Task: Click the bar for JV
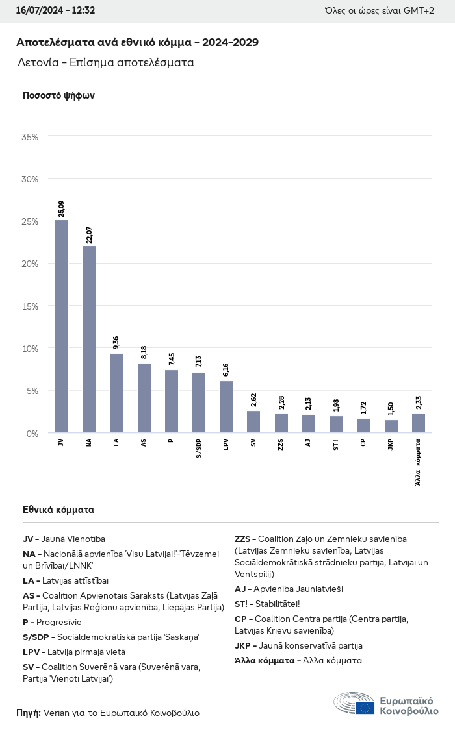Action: pyautogui.click(x=62, y=326)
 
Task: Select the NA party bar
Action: pyautogui.click(x=89, y=339)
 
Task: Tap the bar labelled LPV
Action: pyautogui.click(x=226, y=406)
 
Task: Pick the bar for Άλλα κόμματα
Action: pyautogui.click(x=419, y=423)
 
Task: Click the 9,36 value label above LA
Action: pyautogui.click(x=116, y=342)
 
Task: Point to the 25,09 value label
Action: pyautogui.click(x=62, y=208)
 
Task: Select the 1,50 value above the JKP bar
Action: pyautogui.click(x=391, y=409)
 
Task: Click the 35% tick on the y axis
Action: pyautogui.click(x=30, y=137)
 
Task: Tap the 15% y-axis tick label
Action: pyautogui.click(x=30, y=306)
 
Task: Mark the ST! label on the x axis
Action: pyautogui.click(x=336, y=444)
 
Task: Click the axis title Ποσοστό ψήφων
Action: pyautogui.click(x=59, y=95)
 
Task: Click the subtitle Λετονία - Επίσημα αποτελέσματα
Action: pyautogui.click(x=106, y=63)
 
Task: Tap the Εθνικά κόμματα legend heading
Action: pyautogui.click(x=58, y=510)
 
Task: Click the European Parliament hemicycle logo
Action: pyautogui.click(x=354, y=704)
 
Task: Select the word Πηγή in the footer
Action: pyautogui.click(x=29, y=713)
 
